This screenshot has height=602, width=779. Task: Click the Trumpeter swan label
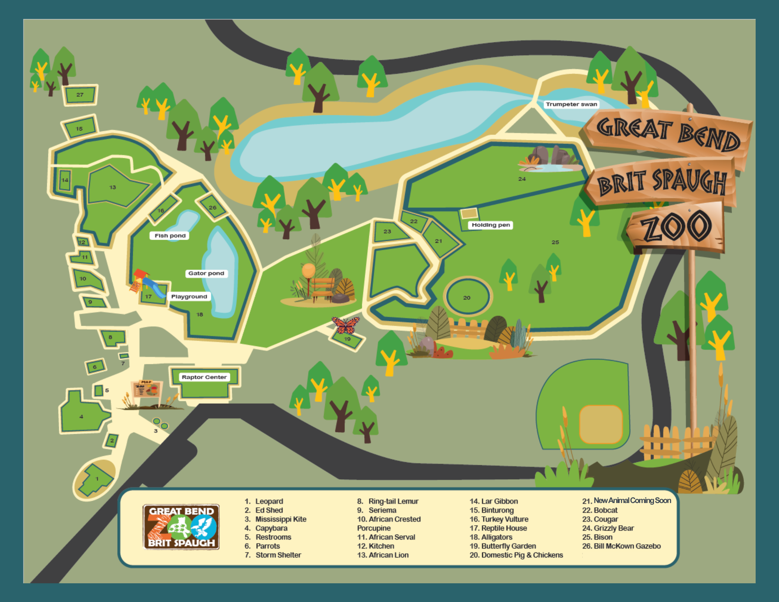(571, 104)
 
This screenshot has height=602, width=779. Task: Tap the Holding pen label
(490, 225)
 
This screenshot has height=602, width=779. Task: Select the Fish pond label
(170, 236)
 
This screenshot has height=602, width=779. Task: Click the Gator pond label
(206, 274)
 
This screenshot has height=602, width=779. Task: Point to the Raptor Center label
(204, 377)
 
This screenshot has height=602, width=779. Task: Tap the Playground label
(189, 297)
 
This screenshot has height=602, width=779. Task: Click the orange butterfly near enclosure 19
(345, 325)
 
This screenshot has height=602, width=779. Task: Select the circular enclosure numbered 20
(467, 297)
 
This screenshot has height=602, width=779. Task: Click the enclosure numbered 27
(80, 95)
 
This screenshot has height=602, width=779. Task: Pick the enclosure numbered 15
(80, 128)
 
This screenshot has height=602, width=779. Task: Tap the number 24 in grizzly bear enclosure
(522, 179)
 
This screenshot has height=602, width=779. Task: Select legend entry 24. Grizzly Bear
(608, 528)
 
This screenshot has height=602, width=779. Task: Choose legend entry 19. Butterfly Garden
(503, 546)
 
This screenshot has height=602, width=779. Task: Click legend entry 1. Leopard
(264, 501)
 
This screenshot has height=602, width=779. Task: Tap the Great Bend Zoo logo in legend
(181, 527)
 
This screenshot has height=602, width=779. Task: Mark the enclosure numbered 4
(82, 416)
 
